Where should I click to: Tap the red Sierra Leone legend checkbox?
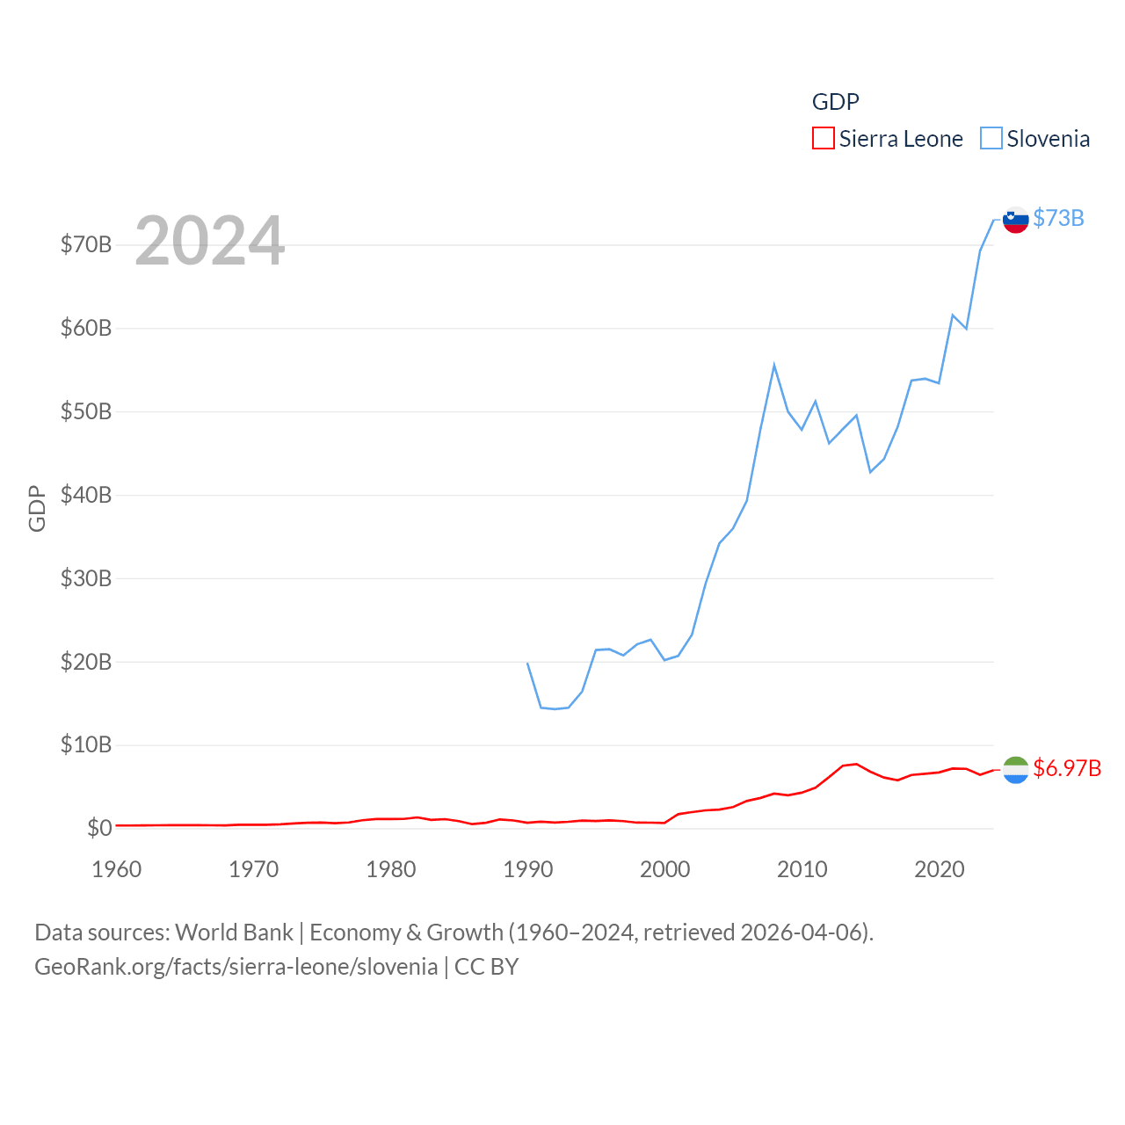(x=824, y=139)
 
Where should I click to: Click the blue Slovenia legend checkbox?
(x=991, y=139)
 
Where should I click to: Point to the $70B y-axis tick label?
(x=86, y=244)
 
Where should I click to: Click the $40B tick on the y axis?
(x=86, y=495)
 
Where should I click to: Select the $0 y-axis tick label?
(x=99, y=828)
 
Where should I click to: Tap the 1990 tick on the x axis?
(x=528, y=869)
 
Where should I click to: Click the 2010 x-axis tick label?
(x=802, y=869)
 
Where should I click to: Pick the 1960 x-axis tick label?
(x=117, y=869)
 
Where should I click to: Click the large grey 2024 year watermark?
(x=210, y=240)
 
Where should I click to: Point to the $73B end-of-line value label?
(x=1058, y=218)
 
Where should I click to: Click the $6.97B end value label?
(x=1067, y=768)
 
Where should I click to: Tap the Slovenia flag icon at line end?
(x=1016, y=220)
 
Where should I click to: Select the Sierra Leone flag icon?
(x=1016, y=770)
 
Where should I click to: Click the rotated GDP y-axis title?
(x=37, y=508)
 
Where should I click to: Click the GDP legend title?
(x=835, y=102)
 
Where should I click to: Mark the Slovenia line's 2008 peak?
(x=774, y=365)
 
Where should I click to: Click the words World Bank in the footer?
(x=235, y=933)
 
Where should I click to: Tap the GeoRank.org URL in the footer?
(x=236, y=967)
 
